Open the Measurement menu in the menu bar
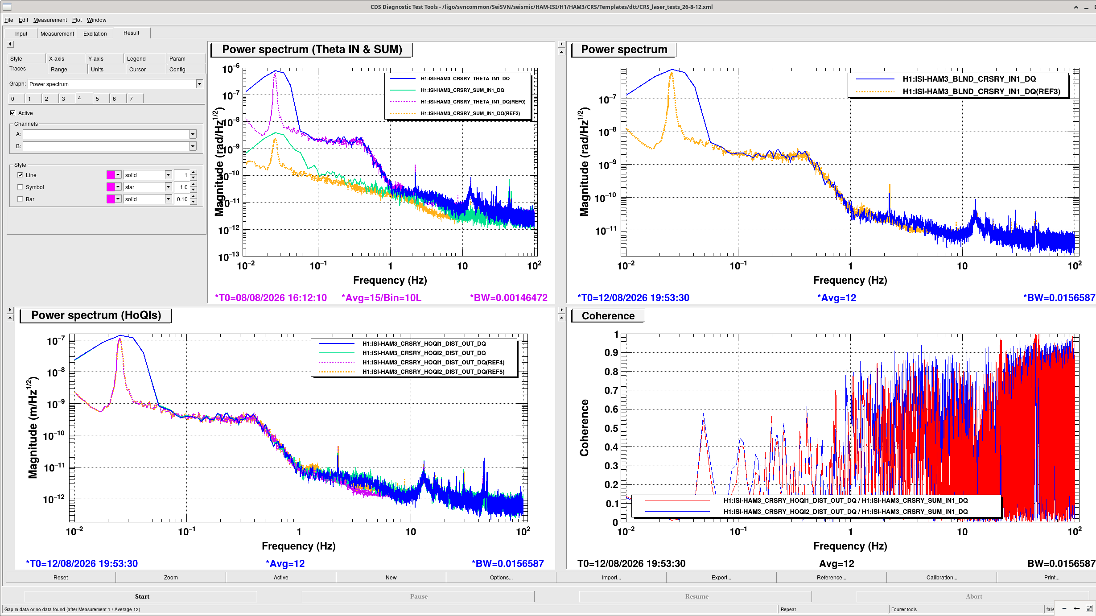pos(50,20)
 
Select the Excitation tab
pos(95,33)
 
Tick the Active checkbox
pos(12,113)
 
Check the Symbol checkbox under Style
pos(20,187)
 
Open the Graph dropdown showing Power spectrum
pos(199,84)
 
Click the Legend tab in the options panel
pos(136,59)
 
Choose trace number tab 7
pos(131,99)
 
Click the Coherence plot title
pos(608,316)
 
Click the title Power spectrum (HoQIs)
pos(96,315)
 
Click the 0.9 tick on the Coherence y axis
pos(611,353)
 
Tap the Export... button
pos(721,577)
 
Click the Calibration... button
pos(941,577)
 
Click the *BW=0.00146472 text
pos(508,298)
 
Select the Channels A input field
pos(107,134)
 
